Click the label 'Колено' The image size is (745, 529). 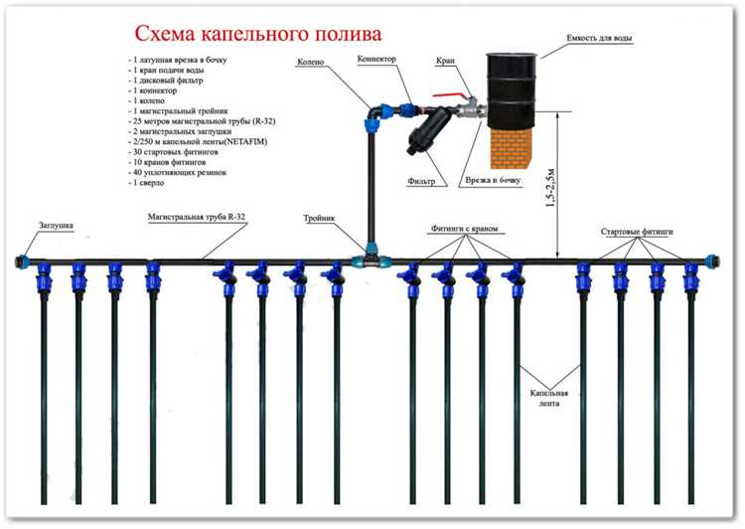click(x=310, y=63)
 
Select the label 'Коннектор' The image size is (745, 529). click(x=377, y=60)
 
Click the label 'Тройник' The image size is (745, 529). click(x=319, y=217)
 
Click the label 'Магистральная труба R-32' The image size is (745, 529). click(x=198, y=216)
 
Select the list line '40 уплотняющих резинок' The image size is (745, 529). click(x=183, y=172)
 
